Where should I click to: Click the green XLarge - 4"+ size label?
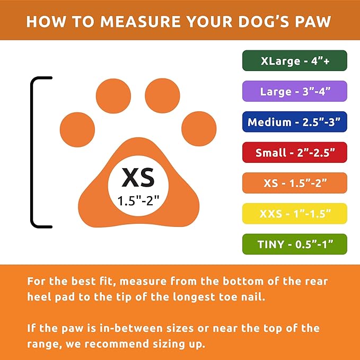(x=295, y=60)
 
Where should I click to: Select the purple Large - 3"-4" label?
(x=295, y=91)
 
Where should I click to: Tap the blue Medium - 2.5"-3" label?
(x=295, y=122)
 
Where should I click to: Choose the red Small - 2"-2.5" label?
(x=295, y=153)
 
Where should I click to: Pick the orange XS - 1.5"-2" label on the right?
(x=295, y=183)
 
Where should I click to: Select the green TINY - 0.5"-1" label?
(x=295, y=244)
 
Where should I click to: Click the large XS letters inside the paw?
(x=138, y=178)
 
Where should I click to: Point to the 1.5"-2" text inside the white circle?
(x=138, y=201)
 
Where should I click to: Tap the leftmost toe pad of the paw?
(x=77, y=129)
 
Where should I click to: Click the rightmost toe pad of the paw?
(x=199, y=129)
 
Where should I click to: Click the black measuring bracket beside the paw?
(x=33, y=152)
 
